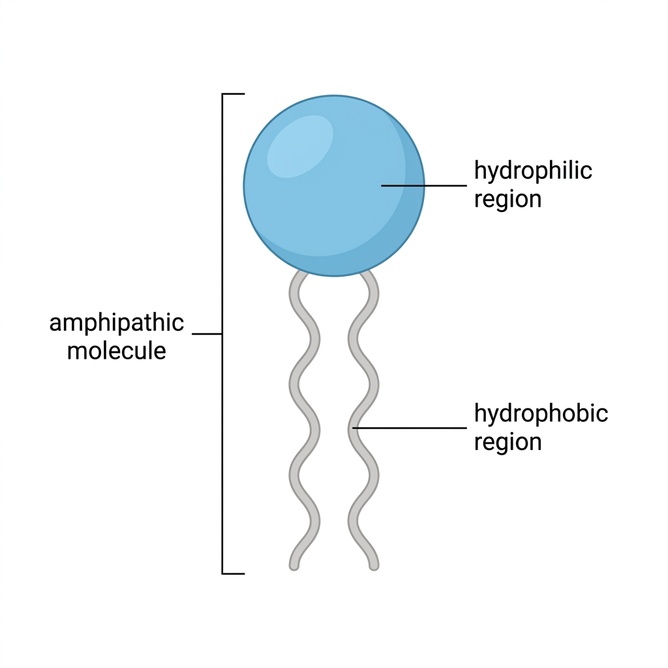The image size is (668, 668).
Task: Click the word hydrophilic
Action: click(533, 172)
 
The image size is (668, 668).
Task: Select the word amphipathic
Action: click(117, 324)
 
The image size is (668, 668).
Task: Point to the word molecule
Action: click(117, 351)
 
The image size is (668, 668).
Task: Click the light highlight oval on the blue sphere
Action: click(300, 146)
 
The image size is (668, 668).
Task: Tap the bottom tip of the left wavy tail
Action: click(294, 568)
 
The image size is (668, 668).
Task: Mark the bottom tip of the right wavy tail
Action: click(374, 568)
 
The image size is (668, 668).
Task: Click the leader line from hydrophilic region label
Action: click(424, 186)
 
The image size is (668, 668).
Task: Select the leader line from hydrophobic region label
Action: click(410, 428)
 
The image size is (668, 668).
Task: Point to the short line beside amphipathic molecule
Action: click(207, 334)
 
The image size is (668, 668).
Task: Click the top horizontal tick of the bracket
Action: click(234, 94)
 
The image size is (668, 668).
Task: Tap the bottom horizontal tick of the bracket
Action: click(234, 574)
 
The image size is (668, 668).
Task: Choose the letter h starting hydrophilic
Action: click(481, 170)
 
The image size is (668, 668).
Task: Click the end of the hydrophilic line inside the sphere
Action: click(381, 186)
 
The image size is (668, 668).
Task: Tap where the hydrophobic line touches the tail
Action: click(354, 428)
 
